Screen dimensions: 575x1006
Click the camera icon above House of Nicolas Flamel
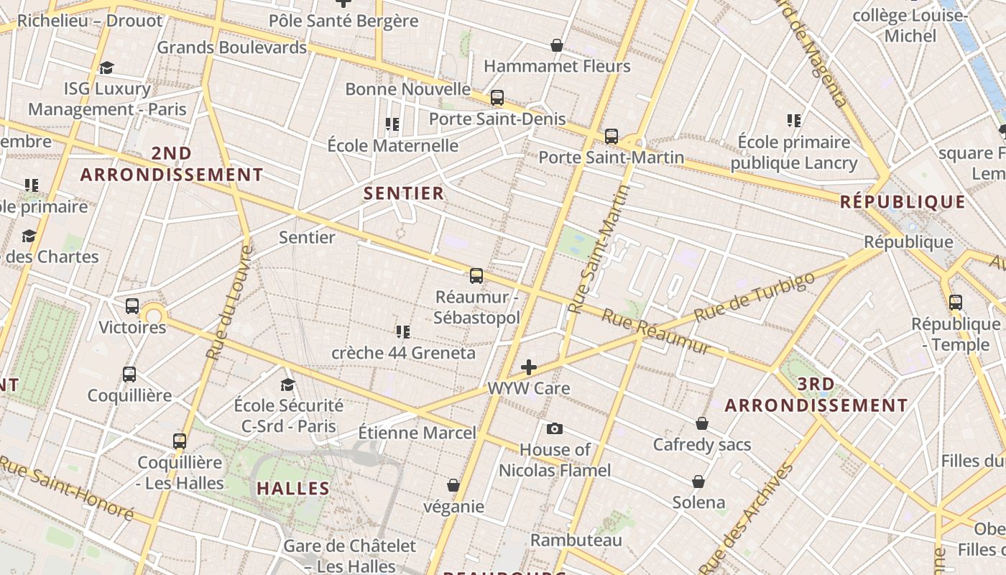tap(554, 429)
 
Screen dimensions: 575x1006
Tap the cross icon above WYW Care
tap(529, 367)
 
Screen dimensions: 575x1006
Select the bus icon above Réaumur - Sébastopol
tap(476, 276)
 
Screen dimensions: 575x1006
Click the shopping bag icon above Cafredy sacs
tap(702, 423)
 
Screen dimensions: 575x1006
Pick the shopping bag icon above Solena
tap(698, 481)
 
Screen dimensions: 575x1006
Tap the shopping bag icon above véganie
tap(453, 485)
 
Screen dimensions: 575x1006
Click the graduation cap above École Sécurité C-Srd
tap(287, 385)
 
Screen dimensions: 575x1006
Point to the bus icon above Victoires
tap(132, 306)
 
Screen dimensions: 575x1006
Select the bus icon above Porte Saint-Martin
tap(611, 136)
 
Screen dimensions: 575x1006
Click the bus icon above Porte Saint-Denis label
tap(497, 98)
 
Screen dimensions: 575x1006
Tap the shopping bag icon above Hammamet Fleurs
tap(556, 45)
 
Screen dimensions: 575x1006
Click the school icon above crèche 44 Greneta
tap(402, 331)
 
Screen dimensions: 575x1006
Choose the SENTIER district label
tap(404, 193)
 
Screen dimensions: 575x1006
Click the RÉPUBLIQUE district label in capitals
tap(903, 202)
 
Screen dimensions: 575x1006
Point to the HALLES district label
tap(293, 489)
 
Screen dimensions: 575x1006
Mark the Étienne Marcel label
tap(417, 433)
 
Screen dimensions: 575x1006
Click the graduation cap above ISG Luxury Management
tap(106, 68)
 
